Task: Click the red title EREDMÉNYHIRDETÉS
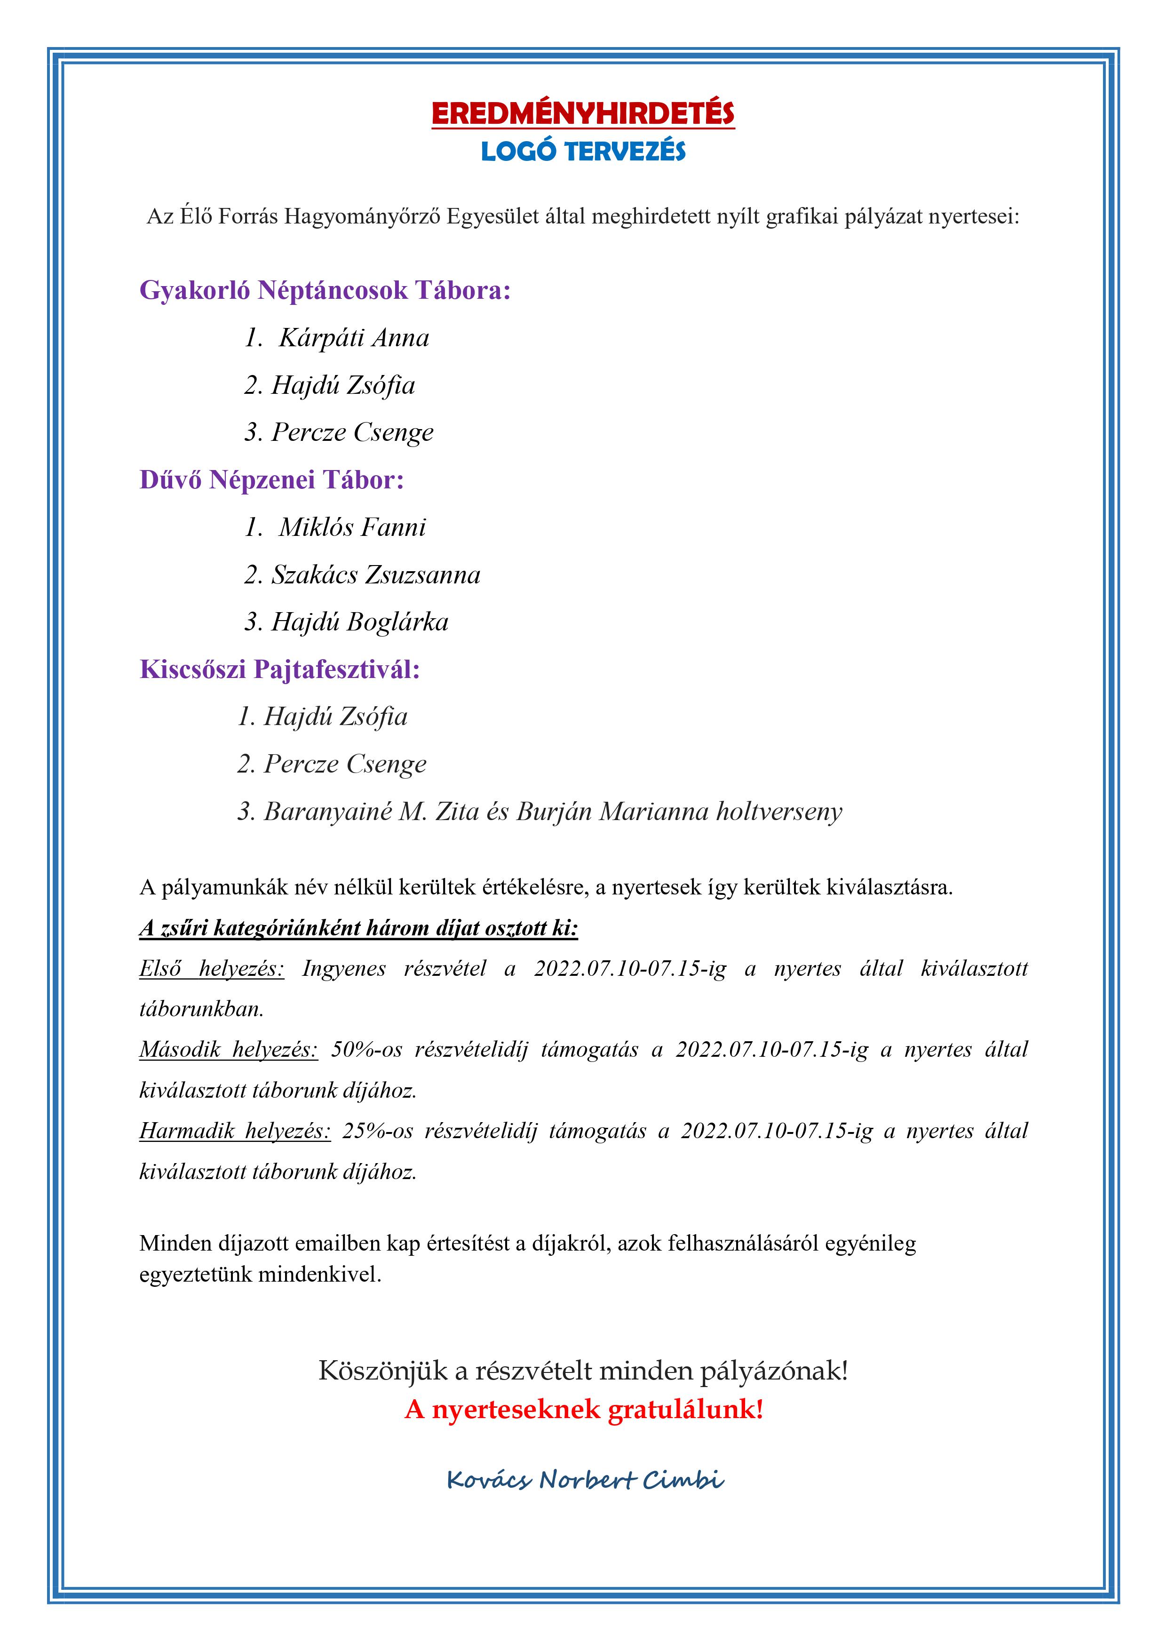[583, 113]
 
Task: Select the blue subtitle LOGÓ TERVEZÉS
[583, 151]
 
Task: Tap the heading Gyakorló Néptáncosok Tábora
[325, 290]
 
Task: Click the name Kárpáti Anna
[354, 338]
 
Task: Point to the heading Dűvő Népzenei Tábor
[272, 479]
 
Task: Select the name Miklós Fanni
[352, 527]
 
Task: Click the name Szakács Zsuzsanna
[375, 574]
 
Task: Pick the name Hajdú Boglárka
[359, 622]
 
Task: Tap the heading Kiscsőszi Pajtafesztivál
[280, 670]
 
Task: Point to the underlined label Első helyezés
[212, 969]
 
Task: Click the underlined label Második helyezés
[229, 1050]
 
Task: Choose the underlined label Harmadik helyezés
[235, 1131]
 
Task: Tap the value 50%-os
[367, 1050]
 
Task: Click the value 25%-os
[378, 1131]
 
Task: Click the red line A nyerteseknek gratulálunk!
[583, 1409]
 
